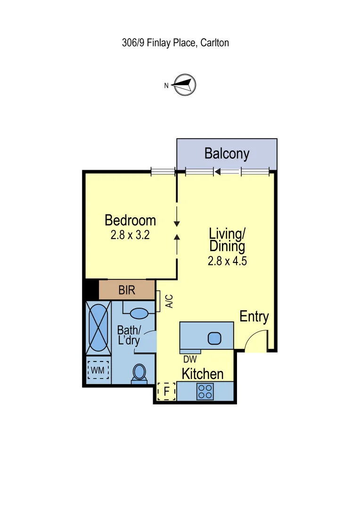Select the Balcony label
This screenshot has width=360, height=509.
[x=227, y=153]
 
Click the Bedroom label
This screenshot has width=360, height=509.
[x=130, y=220]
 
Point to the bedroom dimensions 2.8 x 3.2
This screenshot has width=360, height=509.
[x=130, y=235]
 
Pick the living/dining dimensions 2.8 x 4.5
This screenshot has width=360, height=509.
[x=227, y=261]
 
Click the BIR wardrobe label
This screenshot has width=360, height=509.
[x=127, y=290]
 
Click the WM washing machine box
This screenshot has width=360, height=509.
[x=98, y=370]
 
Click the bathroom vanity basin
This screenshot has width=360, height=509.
[x=139, y=313]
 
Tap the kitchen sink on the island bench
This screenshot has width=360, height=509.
[x=214, y=338]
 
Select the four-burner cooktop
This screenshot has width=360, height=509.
[x=205, y=392]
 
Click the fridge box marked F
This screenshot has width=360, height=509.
[x=166, y=391]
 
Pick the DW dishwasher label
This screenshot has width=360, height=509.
[x=190, y=359]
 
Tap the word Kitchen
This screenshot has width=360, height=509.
[x=203, y=374]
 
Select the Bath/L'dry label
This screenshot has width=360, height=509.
[x=129, y=335]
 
